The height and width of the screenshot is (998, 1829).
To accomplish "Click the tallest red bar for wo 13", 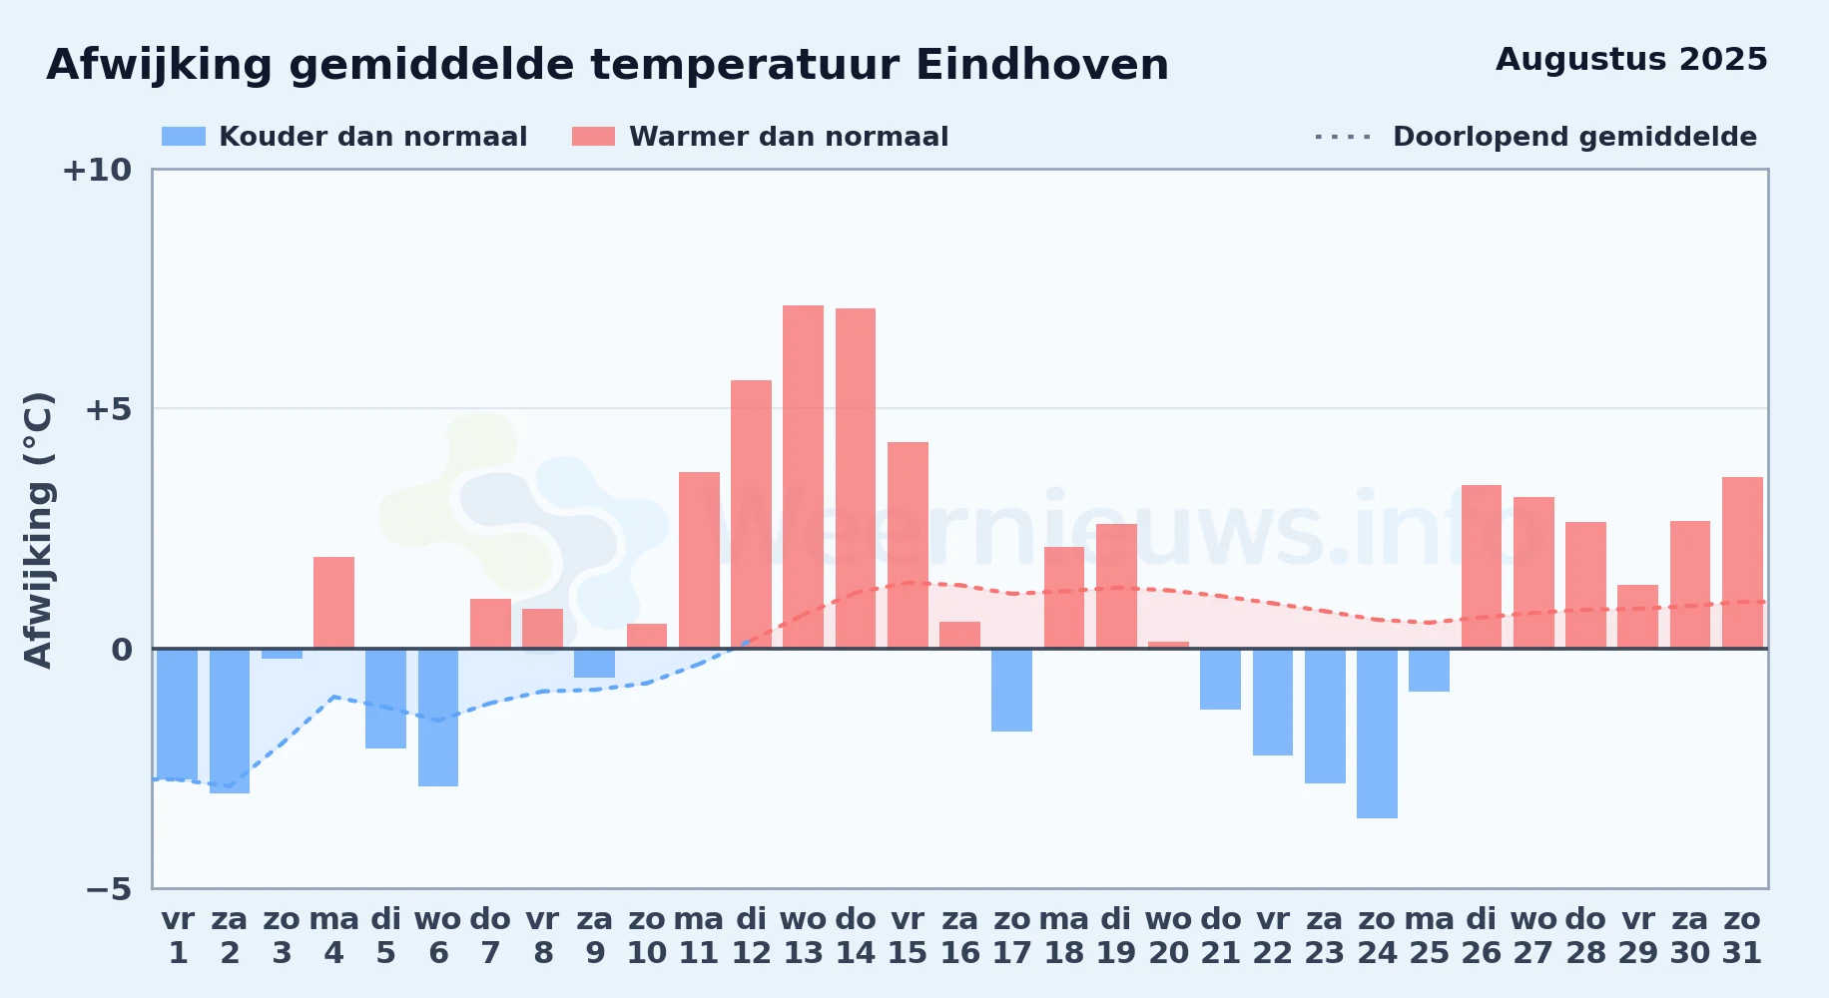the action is pos(803,477).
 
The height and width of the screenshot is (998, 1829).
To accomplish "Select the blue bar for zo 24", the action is pos(1377,734).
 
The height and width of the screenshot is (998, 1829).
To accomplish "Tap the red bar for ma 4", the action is pos(333,603).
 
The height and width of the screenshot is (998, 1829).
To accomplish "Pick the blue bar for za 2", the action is pos(230,721).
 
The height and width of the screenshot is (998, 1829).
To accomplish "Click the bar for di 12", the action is pos(751,514).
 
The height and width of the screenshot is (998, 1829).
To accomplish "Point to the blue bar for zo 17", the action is pos(1011,690).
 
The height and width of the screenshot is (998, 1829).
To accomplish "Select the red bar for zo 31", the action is pos(1742,563).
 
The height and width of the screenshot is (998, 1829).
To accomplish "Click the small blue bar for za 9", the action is pos(594,664).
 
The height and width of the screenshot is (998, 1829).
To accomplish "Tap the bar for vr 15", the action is pos(908,545).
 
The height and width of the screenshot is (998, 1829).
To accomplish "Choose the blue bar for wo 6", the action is pos(438,718).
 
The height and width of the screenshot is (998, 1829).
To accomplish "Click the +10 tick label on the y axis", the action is pos(97,170).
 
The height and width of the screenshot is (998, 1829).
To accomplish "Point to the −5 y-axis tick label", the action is pos(109,888).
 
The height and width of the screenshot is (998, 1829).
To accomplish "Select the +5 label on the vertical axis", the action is pos(109,409).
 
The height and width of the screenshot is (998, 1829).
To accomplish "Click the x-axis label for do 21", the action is pos(1220,935).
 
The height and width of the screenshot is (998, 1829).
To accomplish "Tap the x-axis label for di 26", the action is pos(1482,935).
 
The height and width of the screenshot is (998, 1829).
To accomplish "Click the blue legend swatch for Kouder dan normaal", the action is pos(184,137).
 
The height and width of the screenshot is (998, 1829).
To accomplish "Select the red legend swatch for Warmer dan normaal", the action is pos(594,137).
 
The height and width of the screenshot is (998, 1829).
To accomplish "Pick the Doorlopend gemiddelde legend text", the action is pos(1574,137).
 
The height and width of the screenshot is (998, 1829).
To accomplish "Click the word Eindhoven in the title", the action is pos(1042,65).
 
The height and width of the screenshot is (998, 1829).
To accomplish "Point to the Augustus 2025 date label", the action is pos(1631,59).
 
